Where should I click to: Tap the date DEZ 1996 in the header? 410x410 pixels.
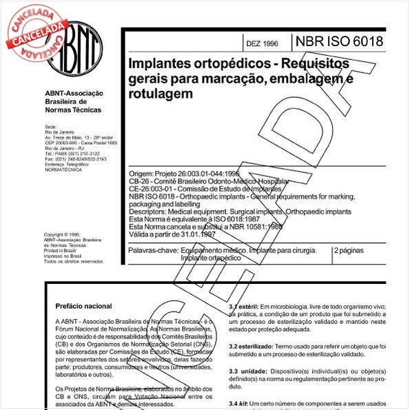(x=262, y=43)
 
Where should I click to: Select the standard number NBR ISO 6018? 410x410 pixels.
(x=339, y=41)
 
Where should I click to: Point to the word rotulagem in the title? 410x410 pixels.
(x=160, y=93)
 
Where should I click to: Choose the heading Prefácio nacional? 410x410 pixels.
(x=84, y=305)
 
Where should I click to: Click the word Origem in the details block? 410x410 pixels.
(x=142, y=174)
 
